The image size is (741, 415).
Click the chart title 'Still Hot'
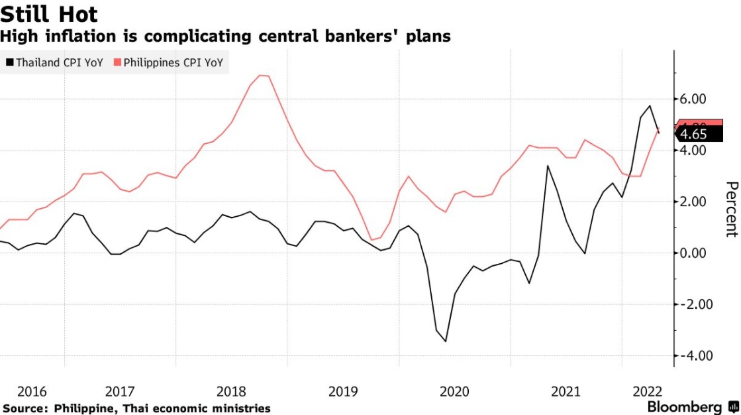[x=50, y=13]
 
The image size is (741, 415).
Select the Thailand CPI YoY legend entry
[x=54, y=64]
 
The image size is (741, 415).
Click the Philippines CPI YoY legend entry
[x=169, y=64]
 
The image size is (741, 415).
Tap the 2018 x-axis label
[x=232, y=390]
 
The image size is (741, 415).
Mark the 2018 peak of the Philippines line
[x=263, y=76]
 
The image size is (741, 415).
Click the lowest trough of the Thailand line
[x=446, y=341]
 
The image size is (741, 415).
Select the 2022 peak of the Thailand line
[x=650, y=106]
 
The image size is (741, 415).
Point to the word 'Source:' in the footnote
[x=25, y=408]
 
